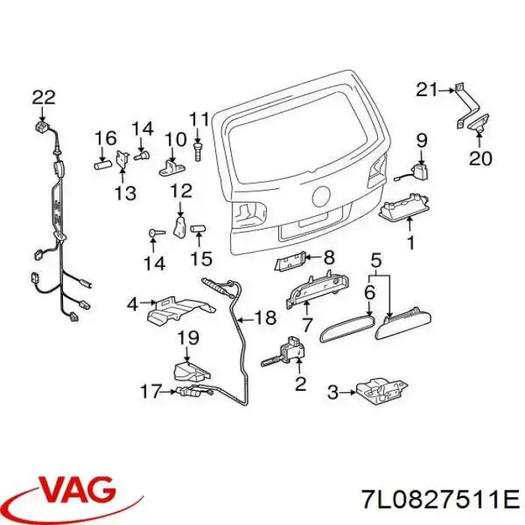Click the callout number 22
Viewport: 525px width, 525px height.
(43, 97)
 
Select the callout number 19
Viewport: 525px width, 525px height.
(187, 337)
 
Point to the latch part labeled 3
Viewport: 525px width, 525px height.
(382, 391)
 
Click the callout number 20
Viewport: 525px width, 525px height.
(480, 158)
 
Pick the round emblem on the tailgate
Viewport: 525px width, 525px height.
(322, 196)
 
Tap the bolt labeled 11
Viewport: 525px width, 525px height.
(196, 152)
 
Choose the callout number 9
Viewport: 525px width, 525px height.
(421, 141)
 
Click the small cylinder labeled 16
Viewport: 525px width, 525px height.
(102, 166)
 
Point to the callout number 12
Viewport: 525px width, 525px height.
(181, 190)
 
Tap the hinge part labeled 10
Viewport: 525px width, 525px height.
(171, 168)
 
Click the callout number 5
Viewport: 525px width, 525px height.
(376, 260)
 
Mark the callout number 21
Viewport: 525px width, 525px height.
(427, 90)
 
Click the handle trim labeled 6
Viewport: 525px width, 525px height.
(346, 328)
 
